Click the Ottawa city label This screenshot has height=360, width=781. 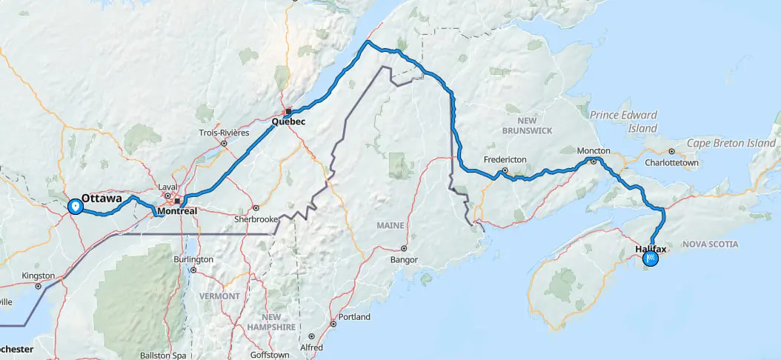point(102,199)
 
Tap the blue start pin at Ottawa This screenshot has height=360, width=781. point(75,206)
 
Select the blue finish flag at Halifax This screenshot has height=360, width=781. point(651,259)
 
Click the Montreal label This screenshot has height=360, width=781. point(176,211)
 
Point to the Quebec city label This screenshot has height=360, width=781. point(288,121)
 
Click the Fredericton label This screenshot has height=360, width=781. point(505,159)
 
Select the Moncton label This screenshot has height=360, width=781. point(594,150)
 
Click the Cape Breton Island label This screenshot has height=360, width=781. point(731,143)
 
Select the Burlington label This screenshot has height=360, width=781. point(193,259)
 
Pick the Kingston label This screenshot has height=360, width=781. point(39,276)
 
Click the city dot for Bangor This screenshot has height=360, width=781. point(404,249)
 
